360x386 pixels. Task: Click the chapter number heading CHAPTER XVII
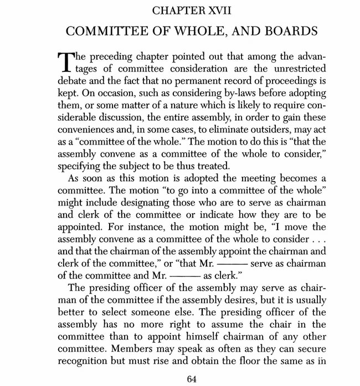[x=180, y=11]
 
